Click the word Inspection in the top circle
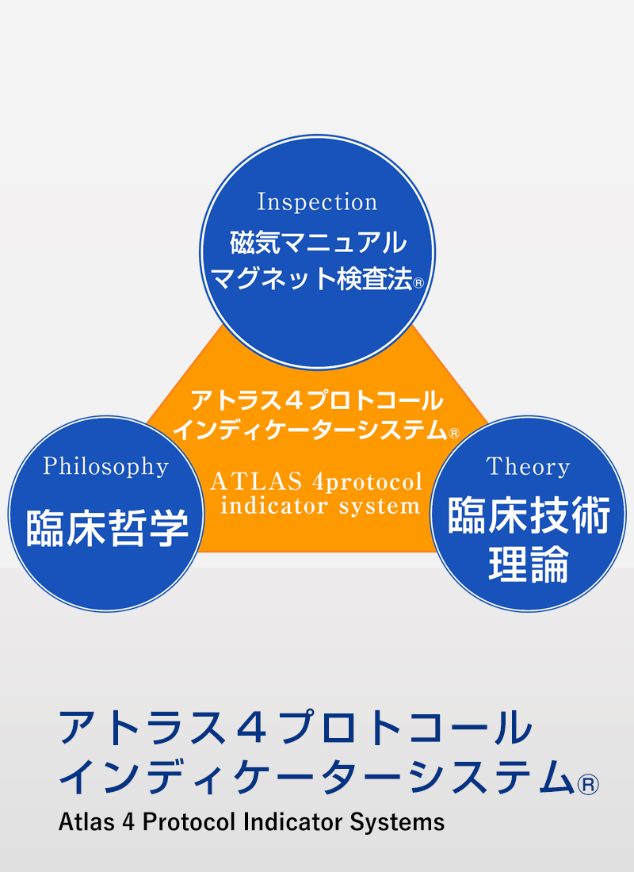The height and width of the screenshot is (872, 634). click(x=317, y=202)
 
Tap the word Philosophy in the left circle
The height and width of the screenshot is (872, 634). click(x=105, y=467)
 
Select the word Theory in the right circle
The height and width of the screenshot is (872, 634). click(x=528, y=467)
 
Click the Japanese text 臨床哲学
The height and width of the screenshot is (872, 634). click(x=107, y=528)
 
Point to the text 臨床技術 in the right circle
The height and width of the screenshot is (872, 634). click(x=529, y=515)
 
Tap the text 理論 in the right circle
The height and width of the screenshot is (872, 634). click(x=529, y=564)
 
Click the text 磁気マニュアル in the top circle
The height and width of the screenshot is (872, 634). click(x=318, y=243)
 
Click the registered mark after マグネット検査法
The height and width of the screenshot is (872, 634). click(x=418, y=283)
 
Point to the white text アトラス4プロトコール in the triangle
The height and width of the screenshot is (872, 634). click(x=317, y=400)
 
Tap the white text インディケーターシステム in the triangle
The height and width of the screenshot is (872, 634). click(x=310, y=430)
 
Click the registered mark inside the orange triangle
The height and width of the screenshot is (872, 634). click(x=454, y=433)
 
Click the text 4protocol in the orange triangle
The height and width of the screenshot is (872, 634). click(x=367, y=483)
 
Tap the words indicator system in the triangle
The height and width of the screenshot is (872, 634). click(x=320, y=507)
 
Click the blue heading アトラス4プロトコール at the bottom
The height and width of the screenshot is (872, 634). click(x=296, y=728)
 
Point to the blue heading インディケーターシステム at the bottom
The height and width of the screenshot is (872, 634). click(x=316, y=776)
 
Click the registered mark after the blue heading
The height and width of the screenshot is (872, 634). click(x=588, y=785)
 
